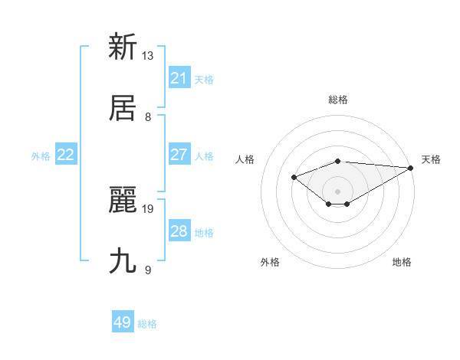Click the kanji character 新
(123, 47)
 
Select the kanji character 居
(123, 108)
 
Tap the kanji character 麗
(123, 199)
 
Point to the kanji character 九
(123, 260)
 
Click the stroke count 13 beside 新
(148, 56)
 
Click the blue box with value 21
(179, 78)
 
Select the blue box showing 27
(179, 155)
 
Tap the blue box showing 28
(179, 231)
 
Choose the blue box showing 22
(66, 155)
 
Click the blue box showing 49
(123, 322)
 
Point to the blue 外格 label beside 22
(41, 156)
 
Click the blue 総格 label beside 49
(147, 324)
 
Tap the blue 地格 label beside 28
(204, 233)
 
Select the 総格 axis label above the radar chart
(338, 100)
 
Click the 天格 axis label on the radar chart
(431, 159)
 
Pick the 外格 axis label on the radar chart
(270, 262)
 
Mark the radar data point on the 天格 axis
(411, 168)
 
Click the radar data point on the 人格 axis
(294, 177)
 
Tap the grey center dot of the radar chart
(338, 191)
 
